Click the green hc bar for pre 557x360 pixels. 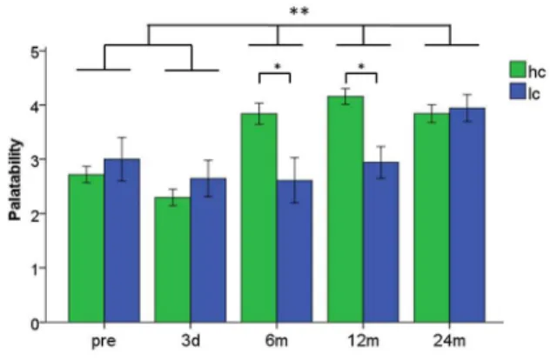tap(86, 248)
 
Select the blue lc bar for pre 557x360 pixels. tap(122, 240)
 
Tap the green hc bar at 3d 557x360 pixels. tap(172, 259)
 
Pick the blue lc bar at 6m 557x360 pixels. tap(294, 251)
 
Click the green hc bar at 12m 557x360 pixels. tap(346, 209)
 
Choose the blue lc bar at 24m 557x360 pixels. tap(467, 215)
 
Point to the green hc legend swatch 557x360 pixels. tap(518, 70)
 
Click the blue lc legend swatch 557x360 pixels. tap(518, 91)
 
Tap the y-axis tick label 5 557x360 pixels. tap(35, 52)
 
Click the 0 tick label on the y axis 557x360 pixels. tap(35, 323)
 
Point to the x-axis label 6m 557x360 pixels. tap(277, 341)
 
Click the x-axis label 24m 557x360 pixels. tap(449, 341)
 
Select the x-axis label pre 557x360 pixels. tap(104, 342)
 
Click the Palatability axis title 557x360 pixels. tap(16, 180)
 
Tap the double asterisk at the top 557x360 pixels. tap(299, 11)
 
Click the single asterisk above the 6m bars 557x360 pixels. tap(278, 66)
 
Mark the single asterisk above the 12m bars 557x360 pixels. tap(362, 66)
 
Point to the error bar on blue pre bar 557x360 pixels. tap(122, 159)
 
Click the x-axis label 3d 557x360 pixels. tap(191, 341)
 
